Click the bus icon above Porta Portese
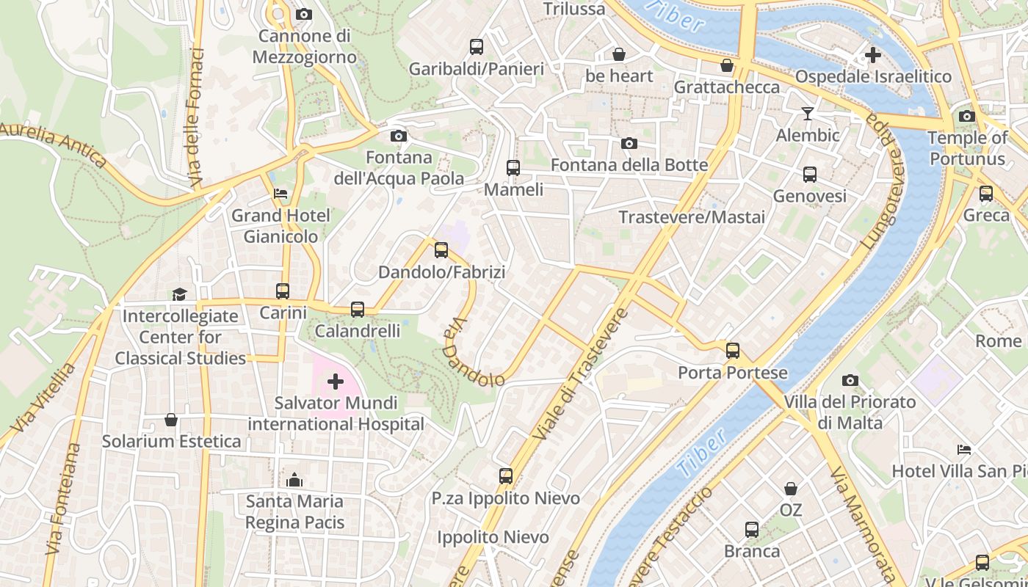732,351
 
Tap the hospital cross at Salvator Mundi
335,381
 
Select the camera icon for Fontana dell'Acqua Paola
398,136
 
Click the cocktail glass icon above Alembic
808,113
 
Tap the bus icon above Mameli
513,168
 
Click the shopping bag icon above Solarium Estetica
171,420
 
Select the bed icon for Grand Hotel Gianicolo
280,194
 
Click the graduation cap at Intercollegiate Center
179,294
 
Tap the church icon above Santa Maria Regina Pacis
294,480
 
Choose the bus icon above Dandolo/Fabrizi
441,250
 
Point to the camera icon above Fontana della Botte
629,143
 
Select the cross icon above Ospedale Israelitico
872,55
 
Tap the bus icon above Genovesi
810,175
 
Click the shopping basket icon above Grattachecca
727,66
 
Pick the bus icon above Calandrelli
358,310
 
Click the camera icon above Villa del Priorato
850,380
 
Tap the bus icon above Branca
752,530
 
